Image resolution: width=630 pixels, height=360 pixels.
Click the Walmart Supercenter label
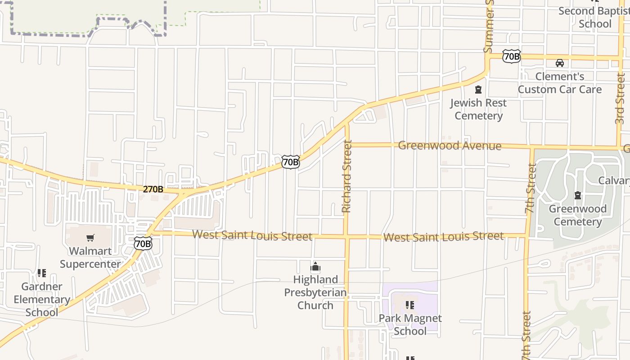pyautogui.click(x=90, y=257)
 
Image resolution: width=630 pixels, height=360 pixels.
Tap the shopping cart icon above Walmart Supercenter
pyautogui.click(x=90, y=238)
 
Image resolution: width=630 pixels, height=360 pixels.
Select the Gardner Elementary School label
pyautogui.click(x=41, y=299)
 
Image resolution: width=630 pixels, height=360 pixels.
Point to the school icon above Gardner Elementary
pyautogui.click(x=42, y=273)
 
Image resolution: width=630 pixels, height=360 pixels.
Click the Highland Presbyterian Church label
pyautogui.click(x=315, y=292)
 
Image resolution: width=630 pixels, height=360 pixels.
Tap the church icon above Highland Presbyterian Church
pyautogui.click(x=315, y=267)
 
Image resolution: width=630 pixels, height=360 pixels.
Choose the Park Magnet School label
pyautogui.click(x=410, y=324)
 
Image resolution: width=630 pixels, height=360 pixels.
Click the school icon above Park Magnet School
pyautogui.click(x=410, y=305)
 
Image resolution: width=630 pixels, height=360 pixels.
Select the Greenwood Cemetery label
pyautogui.click(x=578, y=215)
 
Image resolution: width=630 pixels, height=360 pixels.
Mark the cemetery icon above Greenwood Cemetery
pyautogui.click(x=578, y=195)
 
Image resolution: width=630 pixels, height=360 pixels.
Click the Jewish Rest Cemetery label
pyautogui.click(x=478, y=109)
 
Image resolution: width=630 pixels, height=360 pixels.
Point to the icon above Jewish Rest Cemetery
pyautogui.click(x=478, y=90)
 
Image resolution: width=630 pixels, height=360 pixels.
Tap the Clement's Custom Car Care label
pyautogui.click(x=559, y=83)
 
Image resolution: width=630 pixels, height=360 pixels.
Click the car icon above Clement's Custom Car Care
pyautogui.click(x=560, y=63)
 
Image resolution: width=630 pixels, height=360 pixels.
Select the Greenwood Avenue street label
pyautogui.click(x=450, y=145)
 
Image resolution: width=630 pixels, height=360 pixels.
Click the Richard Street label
pyautogui.click(x=346, y=176)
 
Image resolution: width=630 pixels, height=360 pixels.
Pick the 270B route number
pyautogui.click(x=153, y=189)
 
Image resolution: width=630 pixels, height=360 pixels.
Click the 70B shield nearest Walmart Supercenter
pyautogui.click(x=143, y=244)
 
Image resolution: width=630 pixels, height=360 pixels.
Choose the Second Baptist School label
pyautogui.click(x=595, y=17)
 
